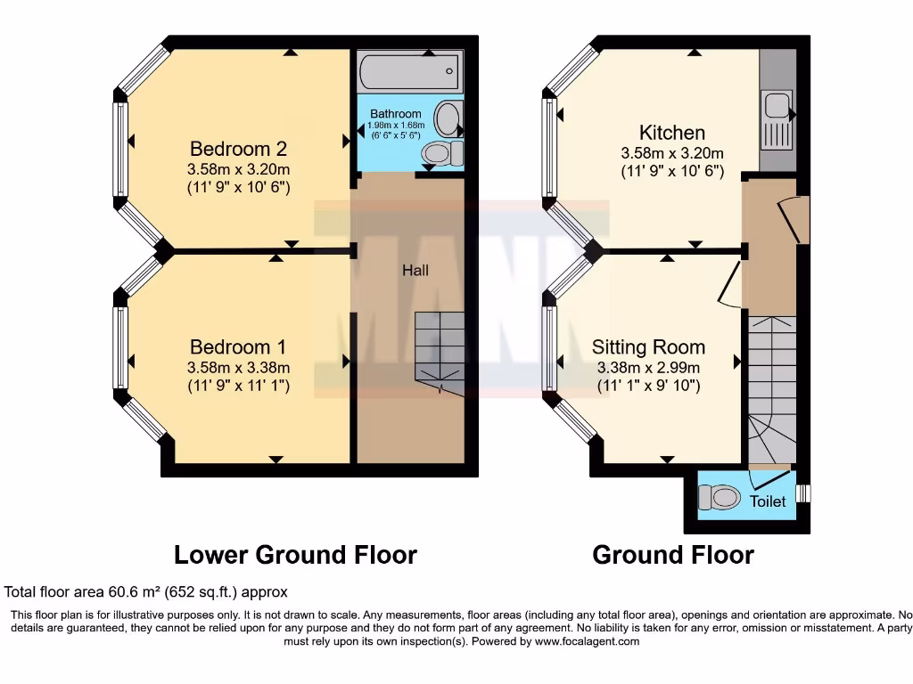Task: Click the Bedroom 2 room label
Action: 238,148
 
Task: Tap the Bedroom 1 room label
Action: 238,346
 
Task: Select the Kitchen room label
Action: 671,133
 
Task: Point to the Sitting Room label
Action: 648,347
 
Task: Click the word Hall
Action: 415,270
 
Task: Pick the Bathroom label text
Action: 395,114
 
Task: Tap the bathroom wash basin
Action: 448,118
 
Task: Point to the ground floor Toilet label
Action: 767,501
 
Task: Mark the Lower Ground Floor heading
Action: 295,555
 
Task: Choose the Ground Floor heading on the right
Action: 673,555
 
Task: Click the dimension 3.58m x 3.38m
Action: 238,367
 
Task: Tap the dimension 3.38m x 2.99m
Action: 648,367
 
